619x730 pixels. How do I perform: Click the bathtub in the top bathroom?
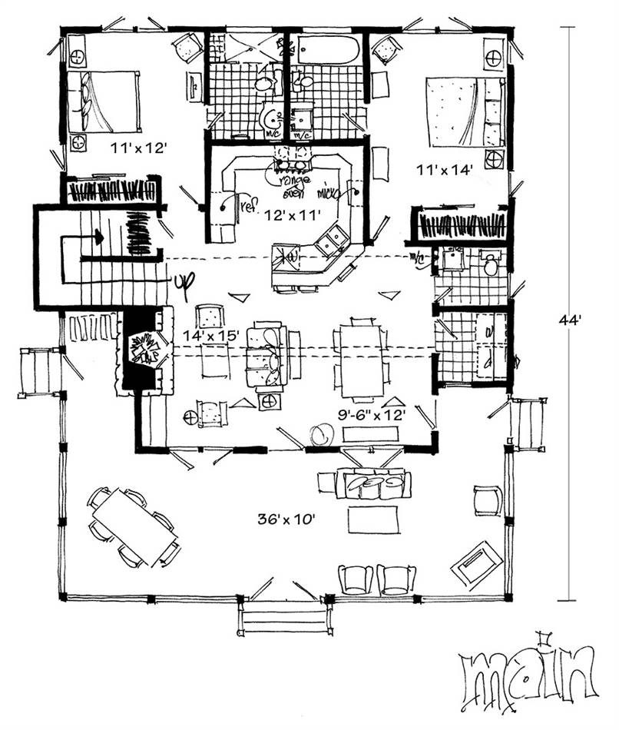point(326,48)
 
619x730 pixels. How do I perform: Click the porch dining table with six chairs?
point(135,527)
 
